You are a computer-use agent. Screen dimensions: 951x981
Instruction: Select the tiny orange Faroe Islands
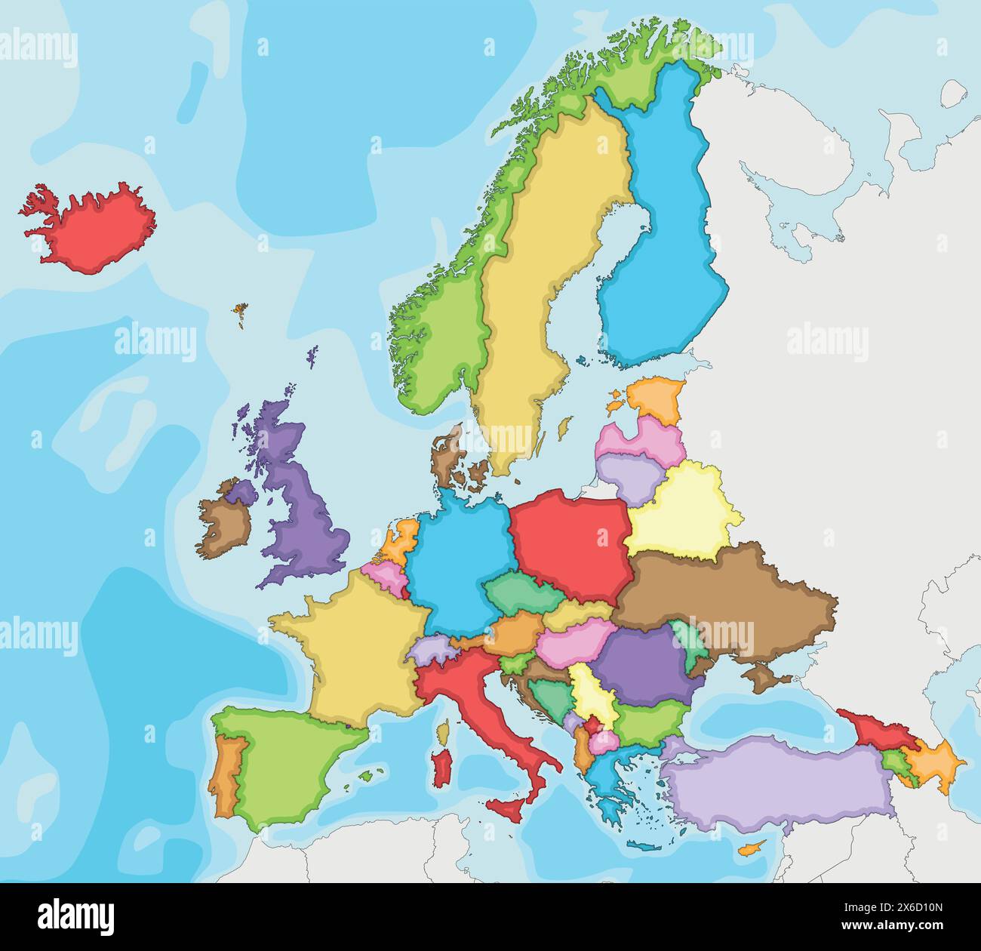241,312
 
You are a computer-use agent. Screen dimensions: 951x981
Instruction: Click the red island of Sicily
507,811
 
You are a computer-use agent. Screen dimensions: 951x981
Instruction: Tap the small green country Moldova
690,642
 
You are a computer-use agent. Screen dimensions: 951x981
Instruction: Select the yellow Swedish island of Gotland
562,429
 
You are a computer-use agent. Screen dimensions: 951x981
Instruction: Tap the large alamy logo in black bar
75,915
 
